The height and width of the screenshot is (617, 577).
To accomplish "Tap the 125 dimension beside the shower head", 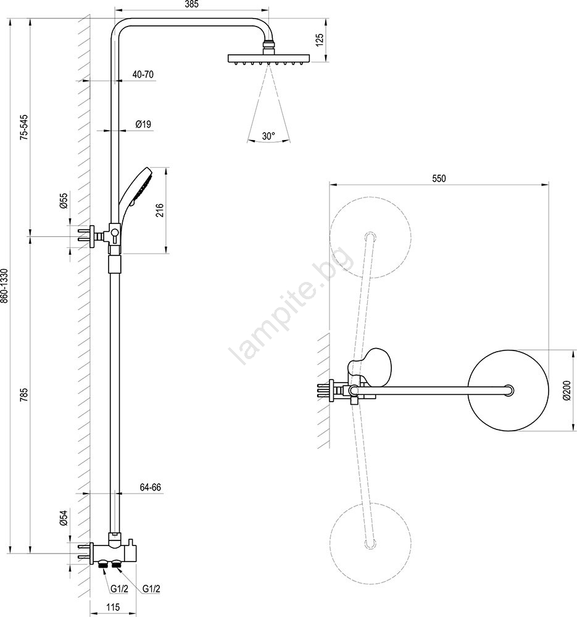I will click(319, 41).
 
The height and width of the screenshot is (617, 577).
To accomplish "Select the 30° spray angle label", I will click(268, 136).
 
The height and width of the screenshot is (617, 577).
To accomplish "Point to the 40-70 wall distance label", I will click(143, 75).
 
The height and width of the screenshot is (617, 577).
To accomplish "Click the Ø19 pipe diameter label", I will click(143, 125).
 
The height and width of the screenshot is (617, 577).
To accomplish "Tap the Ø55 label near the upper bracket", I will click(64, 202).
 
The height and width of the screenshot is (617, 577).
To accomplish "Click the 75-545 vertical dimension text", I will click(23, 127).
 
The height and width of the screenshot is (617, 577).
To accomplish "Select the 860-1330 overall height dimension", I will click(5, 286).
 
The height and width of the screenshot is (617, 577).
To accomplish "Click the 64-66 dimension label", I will click(150, 487).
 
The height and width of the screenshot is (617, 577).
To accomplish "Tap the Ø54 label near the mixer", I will click(64, 519).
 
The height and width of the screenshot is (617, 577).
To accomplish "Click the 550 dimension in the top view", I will click(438, 179).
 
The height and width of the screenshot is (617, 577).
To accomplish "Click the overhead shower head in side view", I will click(267, 59).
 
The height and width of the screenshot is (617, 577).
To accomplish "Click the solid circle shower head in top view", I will click(509, 390).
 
